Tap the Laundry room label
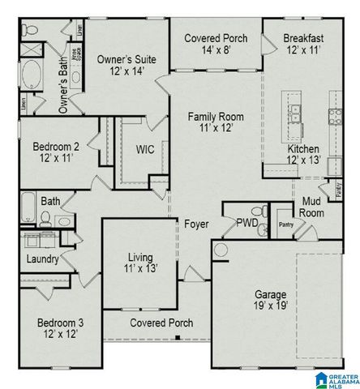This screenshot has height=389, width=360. click(41, 259)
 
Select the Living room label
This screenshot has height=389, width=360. click(139, 263)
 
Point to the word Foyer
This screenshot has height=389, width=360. click(195, 224)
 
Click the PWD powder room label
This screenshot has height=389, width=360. click(246, 223)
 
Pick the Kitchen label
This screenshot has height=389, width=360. click(304, 155)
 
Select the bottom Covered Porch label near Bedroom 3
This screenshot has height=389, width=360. click(162, 323)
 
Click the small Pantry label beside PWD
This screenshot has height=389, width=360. click(285, 223)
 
